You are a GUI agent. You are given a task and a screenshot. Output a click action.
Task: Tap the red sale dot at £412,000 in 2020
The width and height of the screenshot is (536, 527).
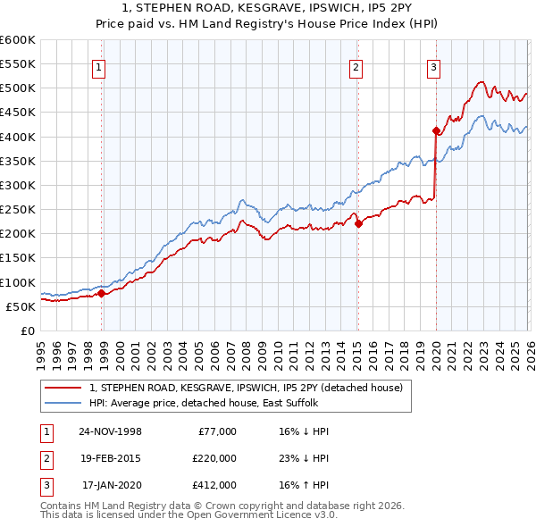[x=436, y=131]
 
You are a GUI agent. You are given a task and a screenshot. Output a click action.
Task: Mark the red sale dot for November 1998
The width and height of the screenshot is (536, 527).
[x=102, y=293]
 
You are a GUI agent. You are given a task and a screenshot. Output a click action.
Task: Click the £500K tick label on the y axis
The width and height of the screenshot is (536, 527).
[x=18, y=88]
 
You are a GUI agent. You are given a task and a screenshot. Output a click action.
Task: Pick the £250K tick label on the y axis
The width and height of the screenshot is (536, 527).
[x=18, y=210]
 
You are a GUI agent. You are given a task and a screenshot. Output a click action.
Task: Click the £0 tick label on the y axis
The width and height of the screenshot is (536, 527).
[x=27, y=330]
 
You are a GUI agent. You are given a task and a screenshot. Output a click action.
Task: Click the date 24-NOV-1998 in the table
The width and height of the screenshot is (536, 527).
[x=111, y=431]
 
